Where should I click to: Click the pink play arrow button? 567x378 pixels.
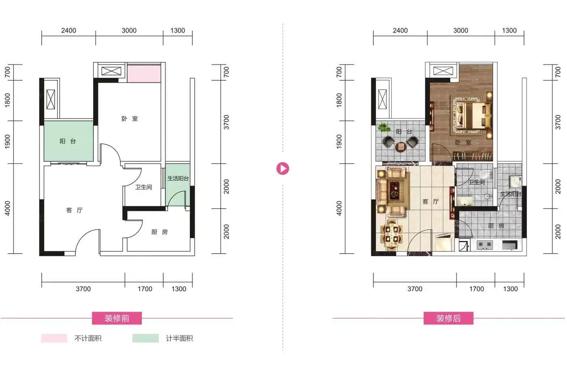click(283, 169)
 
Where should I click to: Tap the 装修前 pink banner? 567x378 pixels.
click(117, 318)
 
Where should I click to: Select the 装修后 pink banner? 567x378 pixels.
click(448, 318)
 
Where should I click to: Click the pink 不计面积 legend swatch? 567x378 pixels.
click(54, 338)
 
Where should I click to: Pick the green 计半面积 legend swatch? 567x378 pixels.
click(145, 338)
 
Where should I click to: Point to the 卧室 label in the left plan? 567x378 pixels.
click(130, 118)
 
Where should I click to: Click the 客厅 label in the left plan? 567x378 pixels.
click(75, 210)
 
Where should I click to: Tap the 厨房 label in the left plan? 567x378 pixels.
click(160, 232)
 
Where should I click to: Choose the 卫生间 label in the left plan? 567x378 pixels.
click(143, 187)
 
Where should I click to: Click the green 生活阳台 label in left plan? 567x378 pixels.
click(178, 178)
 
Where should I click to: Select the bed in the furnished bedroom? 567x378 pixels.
click(473, 115)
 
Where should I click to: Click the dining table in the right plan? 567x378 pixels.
click(392, 234)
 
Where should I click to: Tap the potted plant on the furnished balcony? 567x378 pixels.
click(384, 127)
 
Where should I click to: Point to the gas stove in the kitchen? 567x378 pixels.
click(485, 245)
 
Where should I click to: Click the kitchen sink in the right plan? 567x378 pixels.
click(509, 245)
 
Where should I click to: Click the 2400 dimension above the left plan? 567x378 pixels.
click(68, 31)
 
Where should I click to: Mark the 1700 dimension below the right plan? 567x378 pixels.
click(476, 289)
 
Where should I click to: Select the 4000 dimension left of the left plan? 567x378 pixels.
click(8, 208)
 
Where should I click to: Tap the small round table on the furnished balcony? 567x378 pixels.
click(401, 147)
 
